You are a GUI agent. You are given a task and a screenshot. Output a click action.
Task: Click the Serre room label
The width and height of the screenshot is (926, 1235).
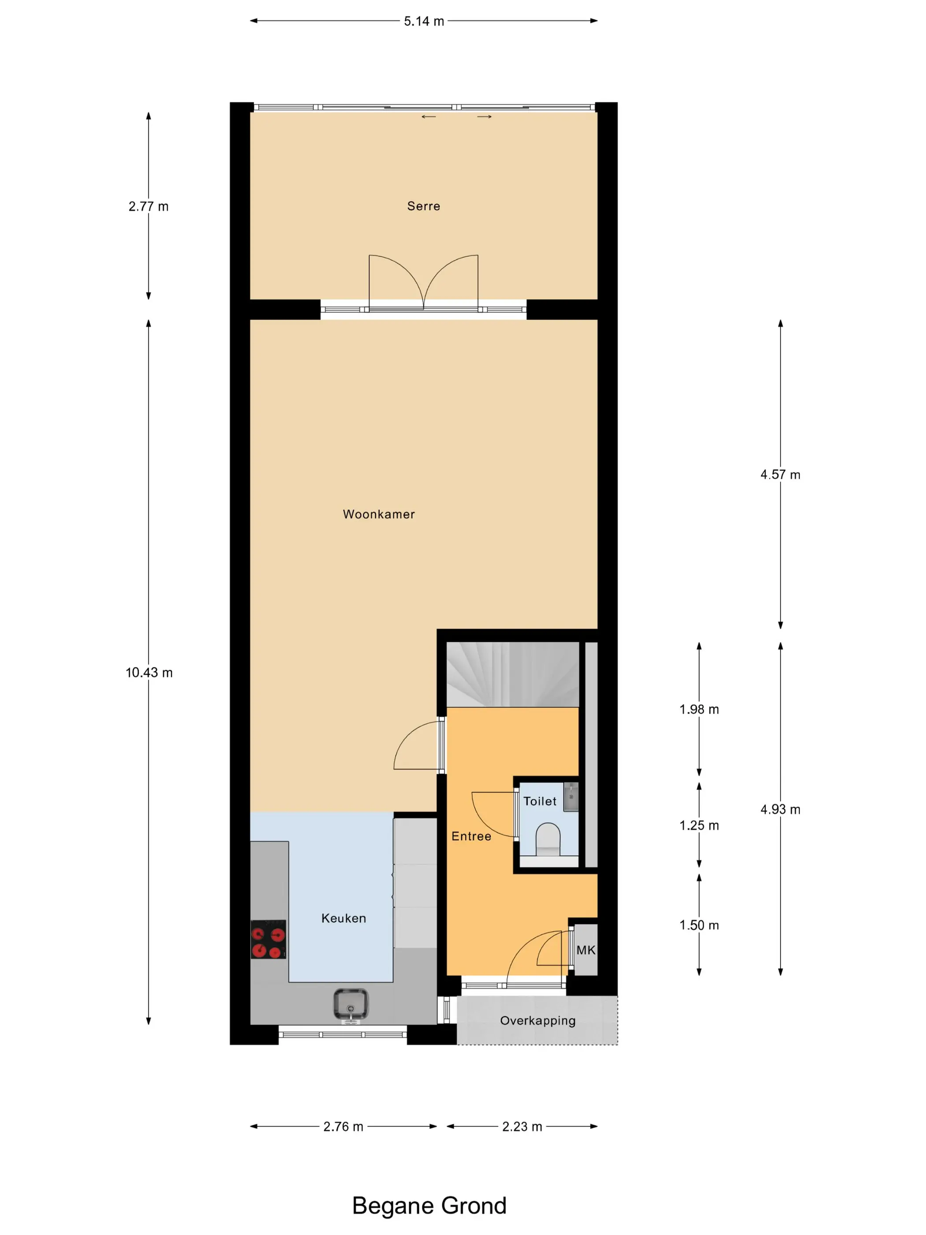point(424,206)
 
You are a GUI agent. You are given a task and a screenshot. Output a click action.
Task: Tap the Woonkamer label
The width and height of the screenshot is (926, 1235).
point(378,514)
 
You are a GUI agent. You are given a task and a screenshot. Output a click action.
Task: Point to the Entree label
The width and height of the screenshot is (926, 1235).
point(471,836)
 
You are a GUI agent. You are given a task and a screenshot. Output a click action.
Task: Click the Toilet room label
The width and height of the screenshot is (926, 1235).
point(540,801)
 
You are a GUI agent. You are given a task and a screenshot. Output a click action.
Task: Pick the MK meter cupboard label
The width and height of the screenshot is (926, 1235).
point(586,950)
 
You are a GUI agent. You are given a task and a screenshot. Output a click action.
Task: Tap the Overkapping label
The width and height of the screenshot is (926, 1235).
point(538,1021)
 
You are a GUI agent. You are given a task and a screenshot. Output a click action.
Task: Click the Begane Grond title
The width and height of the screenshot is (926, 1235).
point(429,1205)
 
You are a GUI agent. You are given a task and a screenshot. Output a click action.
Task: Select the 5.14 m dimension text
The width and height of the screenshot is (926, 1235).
point(424,21)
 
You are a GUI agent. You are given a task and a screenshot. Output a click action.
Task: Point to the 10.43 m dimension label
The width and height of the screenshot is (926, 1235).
point(149,673)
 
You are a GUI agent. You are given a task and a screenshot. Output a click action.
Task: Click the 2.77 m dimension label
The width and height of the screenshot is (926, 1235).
point(149,206)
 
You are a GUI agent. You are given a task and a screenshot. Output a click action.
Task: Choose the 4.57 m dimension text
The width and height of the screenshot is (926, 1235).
point(780,475)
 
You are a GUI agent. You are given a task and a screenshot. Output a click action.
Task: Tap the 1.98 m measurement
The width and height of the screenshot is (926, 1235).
point(699,710)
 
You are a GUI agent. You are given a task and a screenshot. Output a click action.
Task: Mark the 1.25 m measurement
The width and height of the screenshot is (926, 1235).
point(699,825)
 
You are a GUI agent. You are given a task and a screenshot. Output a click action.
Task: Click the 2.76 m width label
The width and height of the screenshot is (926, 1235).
point(343,1126)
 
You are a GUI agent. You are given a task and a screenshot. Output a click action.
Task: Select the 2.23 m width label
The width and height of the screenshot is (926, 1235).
point(522,1126)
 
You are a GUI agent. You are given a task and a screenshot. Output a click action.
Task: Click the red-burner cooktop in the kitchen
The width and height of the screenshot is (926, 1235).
point(269,939)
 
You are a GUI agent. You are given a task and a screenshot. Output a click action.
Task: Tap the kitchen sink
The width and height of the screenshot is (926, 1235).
point(351,1004)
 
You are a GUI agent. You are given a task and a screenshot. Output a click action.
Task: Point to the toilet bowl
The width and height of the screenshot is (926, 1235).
point(548,838)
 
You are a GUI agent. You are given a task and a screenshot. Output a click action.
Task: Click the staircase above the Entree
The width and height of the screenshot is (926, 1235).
point(512,674)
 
